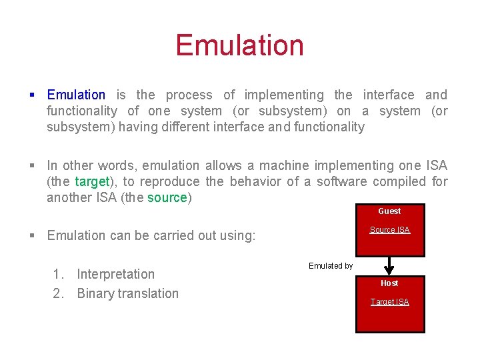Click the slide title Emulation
pos(239,45)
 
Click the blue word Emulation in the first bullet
pos(76,95)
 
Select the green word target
pos(91,182)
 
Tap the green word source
pos(167,198)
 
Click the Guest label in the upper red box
pos(389,211)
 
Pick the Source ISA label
pos(390,230)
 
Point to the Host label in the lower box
pos(389,283)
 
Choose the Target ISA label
pos(390,302)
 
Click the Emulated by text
pos(331,266)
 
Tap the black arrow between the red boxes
pos(391,266)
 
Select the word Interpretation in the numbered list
pos(115,274)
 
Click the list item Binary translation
pos(127,293)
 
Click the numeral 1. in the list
pos(59,274)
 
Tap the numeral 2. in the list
pos(59,293)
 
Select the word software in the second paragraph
pos(342,182)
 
